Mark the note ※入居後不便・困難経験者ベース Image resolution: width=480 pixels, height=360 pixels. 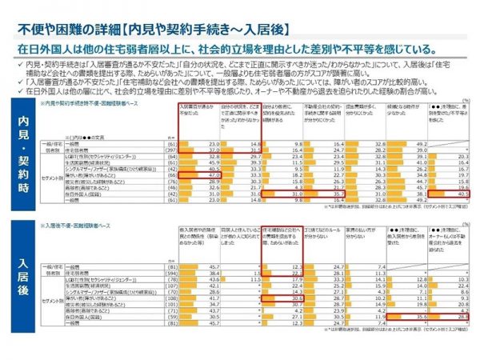tap(80, 226)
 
